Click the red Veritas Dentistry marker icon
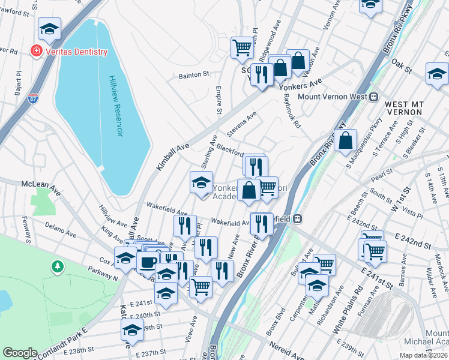click(37, 52)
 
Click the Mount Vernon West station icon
click(373, 96)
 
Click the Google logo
click(20, 353)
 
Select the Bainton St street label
click(193, 76)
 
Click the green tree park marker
click(57, 265)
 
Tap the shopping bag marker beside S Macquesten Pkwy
click(346, 141)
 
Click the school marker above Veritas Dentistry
click(50, 28)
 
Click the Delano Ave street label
click(60, 230)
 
